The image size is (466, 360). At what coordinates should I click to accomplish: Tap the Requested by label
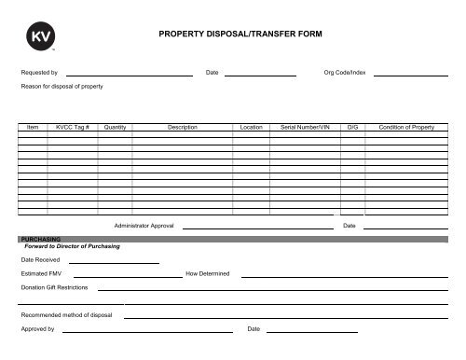pos(39,72)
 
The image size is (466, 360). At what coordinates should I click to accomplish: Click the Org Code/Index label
pos(345,72)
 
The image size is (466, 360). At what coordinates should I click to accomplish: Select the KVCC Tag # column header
pos(72,126)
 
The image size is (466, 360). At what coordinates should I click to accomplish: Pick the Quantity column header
pos(116,126)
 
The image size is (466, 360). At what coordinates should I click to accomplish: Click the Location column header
pos(251,126)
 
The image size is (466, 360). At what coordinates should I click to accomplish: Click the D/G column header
pos(351,126)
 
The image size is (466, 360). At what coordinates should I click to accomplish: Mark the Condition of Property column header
pos(407,126)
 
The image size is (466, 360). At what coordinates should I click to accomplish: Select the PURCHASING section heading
pos(40,239)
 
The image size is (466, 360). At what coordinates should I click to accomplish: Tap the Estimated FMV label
pos(41,273)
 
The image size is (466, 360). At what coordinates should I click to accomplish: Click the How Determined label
pos(214,273)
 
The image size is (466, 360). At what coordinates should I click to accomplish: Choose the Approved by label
pos(38,329)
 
